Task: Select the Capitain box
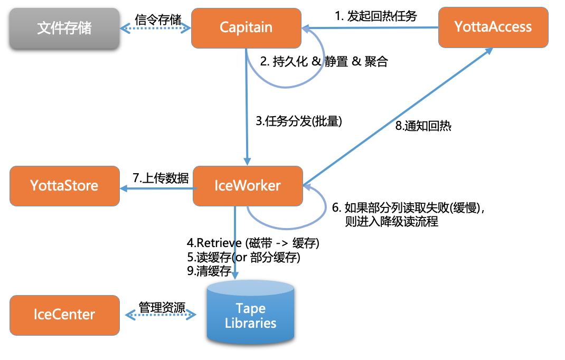(247, 28)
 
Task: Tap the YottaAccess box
(493, 27)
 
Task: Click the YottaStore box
(64, 186)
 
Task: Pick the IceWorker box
(248, 186)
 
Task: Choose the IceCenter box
(64, 315)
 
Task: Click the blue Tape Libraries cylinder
(251, 314)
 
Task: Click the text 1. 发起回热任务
(376, 16)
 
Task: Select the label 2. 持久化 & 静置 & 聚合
(324, 62)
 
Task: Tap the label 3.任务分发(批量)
(299, 121)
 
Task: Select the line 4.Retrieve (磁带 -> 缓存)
(253, 243)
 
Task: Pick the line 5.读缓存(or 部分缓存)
(244, 258)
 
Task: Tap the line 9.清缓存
(209, 271)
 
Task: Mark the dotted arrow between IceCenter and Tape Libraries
(161, 316)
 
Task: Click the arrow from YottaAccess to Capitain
(370, 28)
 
